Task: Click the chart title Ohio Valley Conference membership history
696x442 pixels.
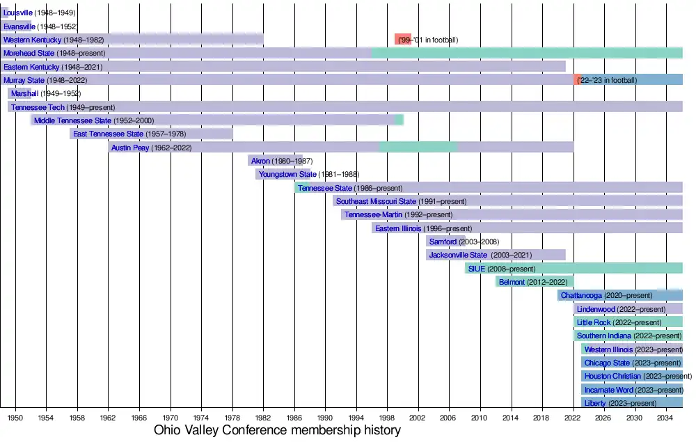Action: [x=277, y=430]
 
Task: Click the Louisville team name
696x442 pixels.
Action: [x=18, y=13]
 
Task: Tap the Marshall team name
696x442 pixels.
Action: [x=24, y=94]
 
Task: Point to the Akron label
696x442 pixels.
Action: [x=260, y=161]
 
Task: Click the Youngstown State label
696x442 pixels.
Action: [x=287, y=175]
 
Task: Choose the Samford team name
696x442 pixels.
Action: [x=443, y=242]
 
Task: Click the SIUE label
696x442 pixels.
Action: [x=477, y=269]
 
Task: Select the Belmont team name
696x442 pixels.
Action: [x=512, y=283]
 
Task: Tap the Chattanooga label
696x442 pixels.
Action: [x=581, y=296]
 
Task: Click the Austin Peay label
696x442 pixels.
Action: [x=131, y=148]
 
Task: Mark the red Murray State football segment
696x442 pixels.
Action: [x=577, y=80]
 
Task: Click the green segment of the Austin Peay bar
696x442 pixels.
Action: [x=418, y=148]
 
